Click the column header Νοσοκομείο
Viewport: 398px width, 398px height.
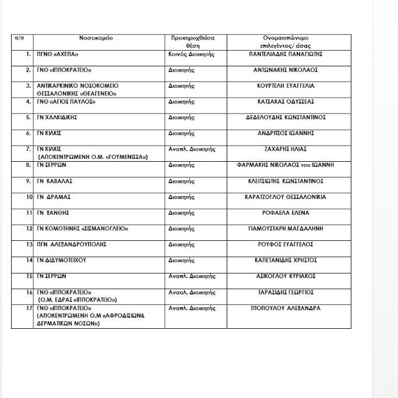pos(96,37)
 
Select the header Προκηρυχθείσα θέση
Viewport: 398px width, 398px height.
pos(192,41)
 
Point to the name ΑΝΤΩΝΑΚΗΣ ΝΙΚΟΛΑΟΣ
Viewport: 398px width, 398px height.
pos(289,69)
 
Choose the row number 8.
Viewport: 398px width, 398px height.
pos(28,165)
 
